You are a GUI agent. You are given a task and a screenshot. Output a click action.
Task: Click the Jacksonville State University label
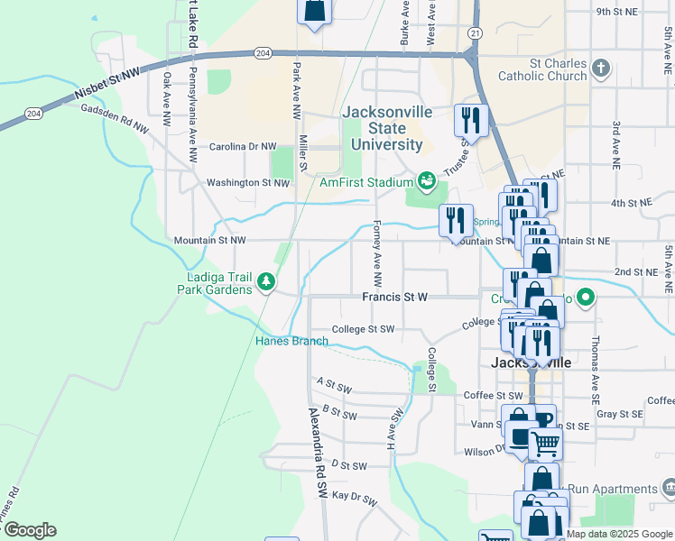386,128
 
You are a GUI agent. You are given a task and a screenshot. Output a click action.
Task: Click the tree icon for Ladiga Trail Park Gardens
265,282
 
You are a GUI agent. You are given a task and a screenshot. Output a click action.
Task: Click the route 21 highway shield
475,32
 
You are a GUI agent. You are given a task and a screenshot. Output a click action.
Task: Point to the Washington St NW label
248,182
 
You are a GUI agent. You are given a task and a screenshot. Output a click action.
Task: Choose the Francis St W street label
394,297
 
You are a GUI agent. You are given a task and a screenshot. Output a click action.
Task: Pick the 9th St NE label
617,12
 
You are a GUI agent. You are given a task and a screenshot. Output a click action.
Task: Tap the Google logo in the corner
30,529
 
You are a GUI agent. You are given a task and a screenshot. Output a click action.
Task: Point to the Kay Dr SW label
352,496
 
